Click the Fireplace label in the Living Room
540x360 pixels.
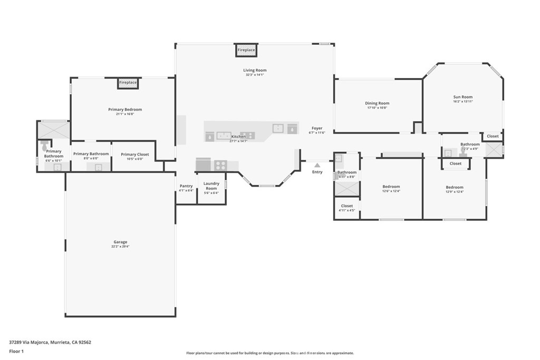click(246, 50)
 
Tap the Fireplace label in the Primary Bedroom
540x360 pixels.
click(128, 83)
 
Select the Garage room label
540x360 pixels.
click(120, 242)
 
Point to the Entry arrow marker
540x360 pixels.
click(317, 165)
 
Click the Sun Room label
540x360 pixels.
click(463, 97)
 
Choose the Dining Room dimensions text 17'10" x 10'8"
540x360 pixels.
click(377, 108)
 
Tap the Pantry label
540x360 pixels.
click(186, 186)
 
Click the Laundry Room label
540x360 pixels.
click(211, 186)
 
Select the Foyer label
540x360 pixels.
click(316, 128)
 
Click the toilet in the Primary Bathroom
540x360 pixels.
click(44, 143)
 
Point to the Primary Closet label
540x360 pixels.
click(135, 154)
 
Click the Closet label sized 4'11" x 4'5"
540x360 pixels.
click(347, 206)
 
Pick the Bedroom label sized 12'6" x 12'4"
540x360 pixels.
click(391, 187)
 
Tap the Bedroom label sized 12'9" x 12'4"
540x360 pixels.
click(454, 187)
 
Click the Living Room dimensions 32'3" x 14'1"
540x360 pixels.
click(255, 75)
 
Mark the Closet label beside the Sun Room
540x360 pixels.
click(493, 136)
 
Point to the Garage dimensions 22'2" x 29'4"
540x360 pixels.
click(120, 247)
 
